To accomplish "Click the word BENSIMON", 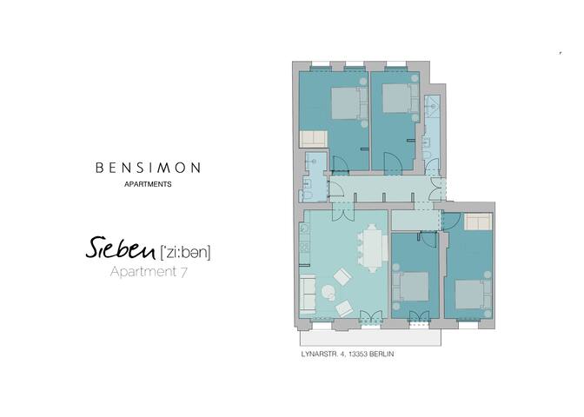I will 148,167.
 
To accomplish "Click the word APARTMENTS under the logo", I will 148,185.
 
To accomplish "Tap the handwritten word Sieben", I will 119,250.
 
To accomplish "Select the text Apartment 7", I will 149,273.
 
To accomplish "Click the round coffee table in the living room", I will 331,293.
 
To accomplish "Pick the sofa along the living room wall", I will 309,295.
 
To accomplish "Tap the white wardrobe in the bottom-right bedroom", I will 477,222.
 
